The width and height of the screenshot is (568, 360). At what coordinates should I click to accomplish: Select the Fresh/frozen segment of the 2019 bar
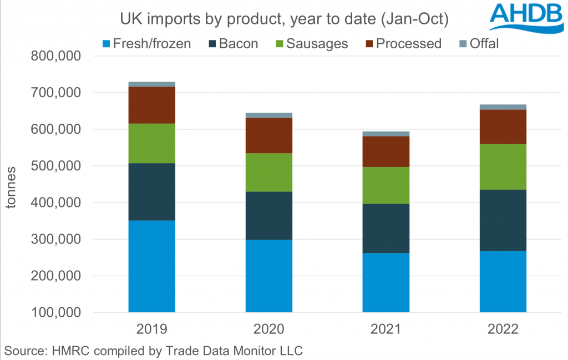point(152,266)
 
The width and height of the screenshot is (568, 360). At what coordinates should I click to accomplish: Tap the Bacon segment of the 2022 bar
point(503,220)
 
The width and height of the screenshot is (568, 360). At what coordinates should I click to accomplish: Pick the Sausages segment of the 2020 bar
point(269,173)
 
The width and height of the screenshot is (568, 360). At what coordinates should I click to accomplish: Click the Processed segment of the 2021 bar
point(386,151)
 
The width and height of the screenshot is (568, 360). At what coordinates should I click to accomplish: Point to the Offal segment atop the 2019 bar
point(152,84)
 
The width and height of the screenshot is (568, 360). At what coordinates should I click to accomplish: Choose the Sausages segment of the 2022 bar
point(503,167)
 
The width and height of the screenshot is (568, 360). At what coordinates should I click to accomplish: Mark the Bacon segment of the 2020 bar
point(269,216)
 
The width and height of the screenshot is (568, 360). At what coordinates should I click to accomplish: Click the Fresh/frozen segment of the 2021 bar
point(386,283)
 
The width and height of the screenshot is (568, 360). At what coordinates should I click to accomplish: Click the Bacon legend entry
point(233,43)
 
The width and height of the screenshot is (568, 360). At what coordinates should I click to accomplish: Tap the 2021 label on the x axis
point(386,330)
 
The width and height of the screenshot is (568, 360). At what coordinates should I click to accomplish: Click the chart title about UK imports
point(283,20)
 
